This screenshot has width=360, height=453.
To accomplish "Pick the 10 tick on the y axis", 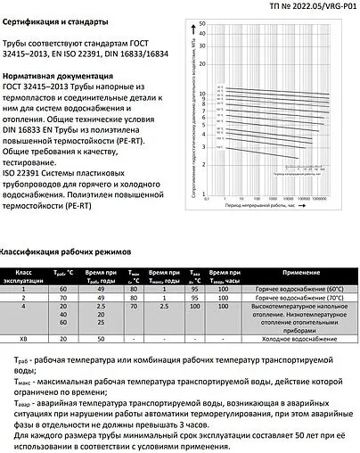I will pos(202,93).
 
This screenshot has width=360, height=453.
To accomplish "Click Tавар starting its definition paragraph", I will pos(28,404).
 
